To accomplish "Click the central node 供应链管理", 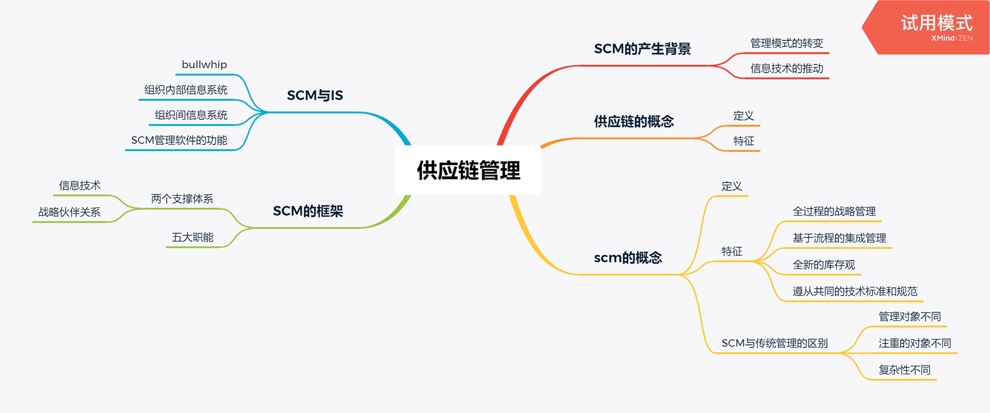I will tap(468, 171).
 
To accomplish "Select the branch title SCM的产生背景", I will tap(642, 49).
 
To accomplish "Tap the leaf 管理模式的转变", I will tap(787, 44).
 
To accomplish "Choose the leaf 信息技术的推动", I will tap(787, 69).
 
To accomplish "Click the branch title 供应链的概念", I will tap(634, 121).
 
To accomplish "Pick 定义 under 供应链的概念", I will tap(743, 116).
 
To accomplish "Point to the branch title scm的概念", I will tap(628, 258).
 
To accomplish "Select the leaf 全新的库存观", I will tap(824, 265).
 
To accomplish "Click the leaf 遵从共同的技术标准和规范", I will tap(855, 291).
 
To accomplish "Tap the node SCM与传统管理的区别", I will tap(774, 343).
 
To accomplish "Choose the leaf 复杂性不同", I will tap(904, 370).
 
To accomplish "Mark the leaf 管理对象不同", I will tap(909, 317).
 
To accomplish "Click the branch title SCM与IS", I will tap(315, 95).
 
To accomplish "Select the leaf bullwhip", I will tap(204, 65).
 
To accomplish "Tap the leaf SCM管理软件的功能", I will tap(179, 140).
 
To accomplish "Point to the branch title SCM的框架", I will tap(308, 211).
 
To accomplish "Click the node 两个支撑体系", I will tap(182, 199).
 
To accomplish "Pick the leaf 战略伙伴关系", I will tap(69, 212).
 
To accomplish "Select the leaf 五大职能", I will tap(193, 237).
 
